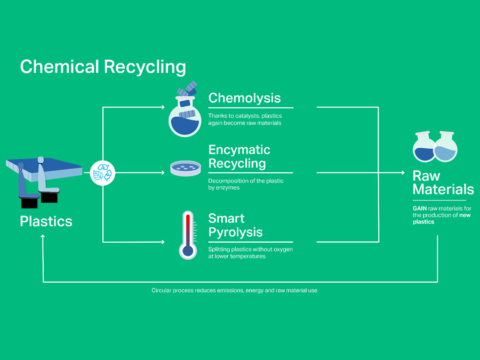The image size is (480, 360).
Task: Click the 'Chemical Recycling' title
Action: click(103, 67)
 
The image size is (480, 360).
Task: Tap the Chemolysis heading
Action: click(244, 98)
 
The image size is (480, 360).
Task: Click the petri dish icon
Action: click(186, 169)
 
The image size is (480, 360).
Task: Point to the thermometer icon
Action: click(187, 235)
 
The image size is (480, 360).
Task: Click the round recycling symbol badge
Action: click(102, 173)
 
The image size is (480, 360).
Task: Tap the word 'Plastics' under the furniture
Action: click(46, 221)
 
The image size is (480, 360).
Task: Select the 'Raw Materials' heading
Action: click(443, 182)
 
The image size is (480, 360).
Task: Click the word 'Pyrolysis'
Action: click(235, 233)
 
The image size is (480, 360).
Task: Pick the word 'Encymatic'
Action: click(239, 150)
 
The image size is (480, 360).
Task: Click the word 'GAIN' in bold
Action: click(420, 209)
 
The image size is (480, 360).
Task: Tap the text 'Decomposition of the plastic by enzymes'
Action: click(245, 184)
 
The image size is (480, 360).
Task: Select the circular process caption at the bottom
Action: click(234, 291)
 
